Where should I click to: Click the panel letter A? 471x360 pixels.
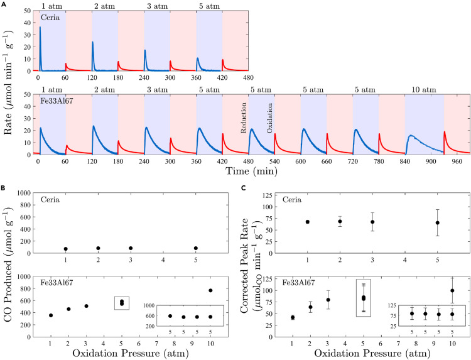click(5, 4)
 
